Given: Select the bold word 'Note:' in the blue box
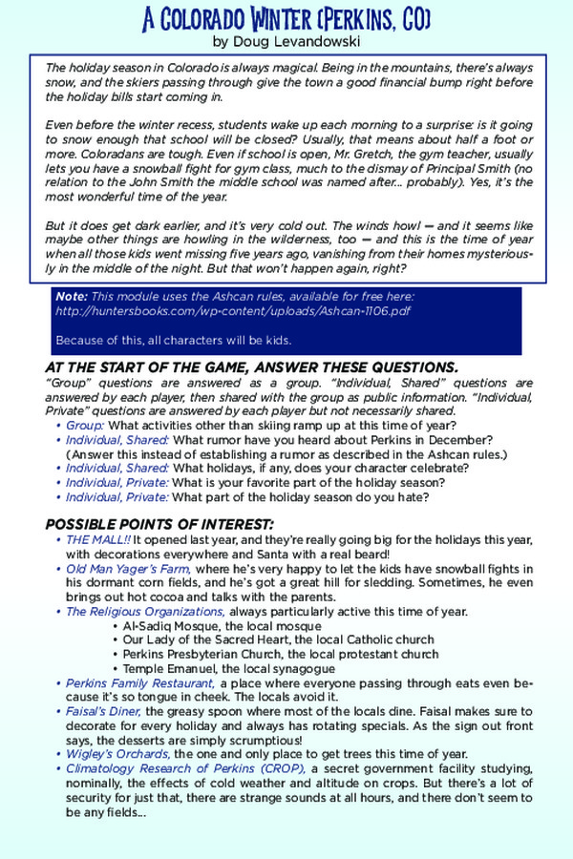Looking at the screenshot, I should [72, 297].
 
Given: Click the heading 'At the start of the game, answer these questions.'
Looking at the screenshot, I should [251, 367].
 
